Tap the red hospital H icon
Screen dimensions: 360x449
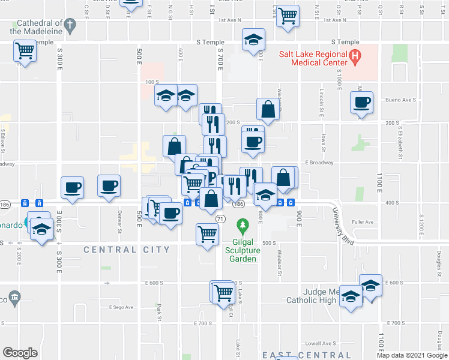click(x=355, y=58)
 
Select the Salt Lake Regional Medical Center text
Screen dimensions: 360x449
click(x=313, y=58)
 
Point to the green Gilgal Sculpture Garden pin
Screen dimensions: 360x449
click(x=243, y=227)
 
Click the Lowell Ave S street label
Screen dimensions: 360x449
click(x=321, y=344)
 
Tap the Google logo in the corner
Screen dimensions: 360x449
click(x=20, y=352)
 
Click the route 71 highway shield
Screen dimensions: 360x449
click(x=220, y=219)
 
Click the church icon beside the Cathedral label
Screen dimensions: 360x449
click(x=70, y=25)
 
